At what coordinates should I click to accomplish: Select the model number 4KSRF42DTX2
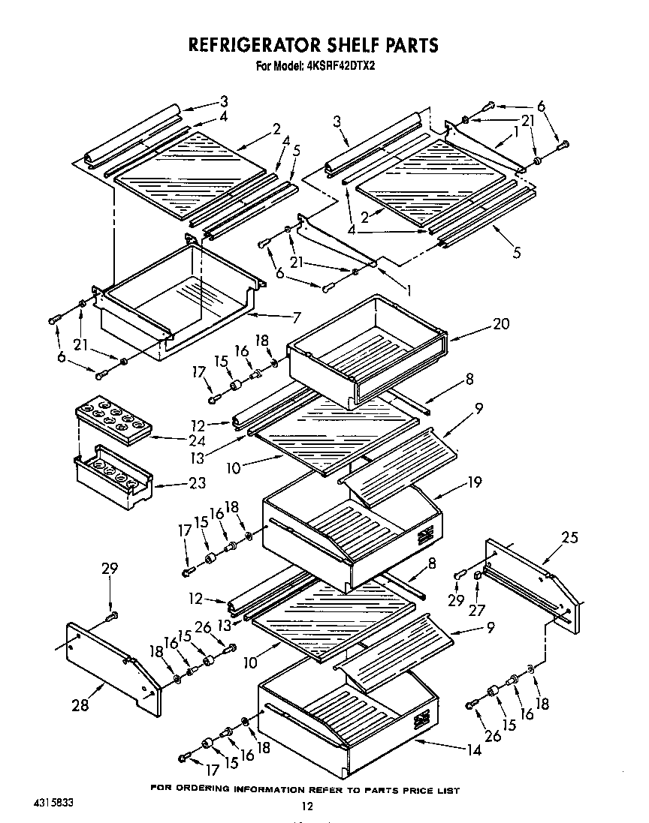click(343, 65)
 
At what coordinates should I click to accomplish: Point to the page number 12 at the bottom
click(306, 806)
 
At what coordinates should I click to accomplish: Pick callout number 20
click(500, 324)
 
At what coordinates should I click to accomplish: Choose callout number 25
click(570, 537)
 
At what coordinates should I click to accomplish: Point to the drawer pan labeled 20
click(368, 345)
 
